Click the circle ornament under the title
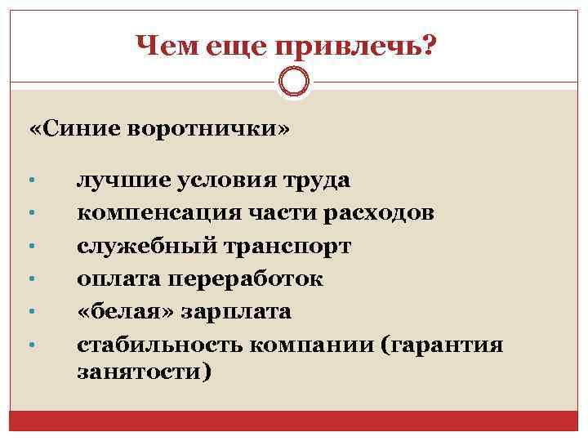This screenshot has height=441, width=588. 294,82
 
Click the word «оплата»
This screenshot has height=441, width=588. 118,279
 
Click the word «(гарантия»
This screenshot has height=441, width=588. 442,345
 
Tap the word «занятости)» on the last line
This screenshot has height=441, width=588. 144,372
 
